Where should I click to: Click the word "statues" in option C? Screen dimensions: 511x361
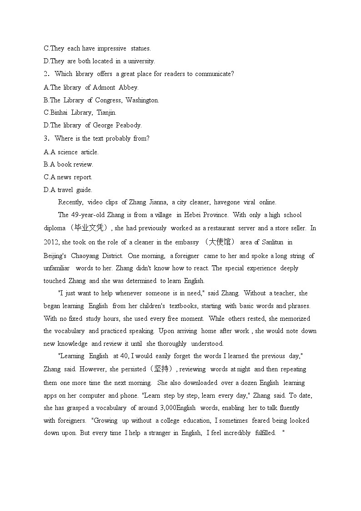140,48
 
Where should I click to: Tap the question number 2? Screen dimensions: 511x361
46,74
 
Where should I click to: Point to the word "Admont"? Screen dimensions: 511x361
104,87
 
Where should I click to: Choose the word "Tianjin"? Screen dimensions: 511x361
106,112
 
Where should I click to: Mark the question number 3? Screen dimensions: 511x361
46,138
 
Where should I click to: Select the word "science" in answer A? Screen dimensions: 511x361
67,152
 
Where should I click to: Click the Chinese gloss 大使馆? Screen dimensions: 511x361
221,242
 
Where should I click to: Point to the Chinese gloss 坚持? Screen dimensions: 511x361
161,369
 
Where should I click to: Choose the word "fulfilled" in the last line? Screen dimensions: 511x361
266,433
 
